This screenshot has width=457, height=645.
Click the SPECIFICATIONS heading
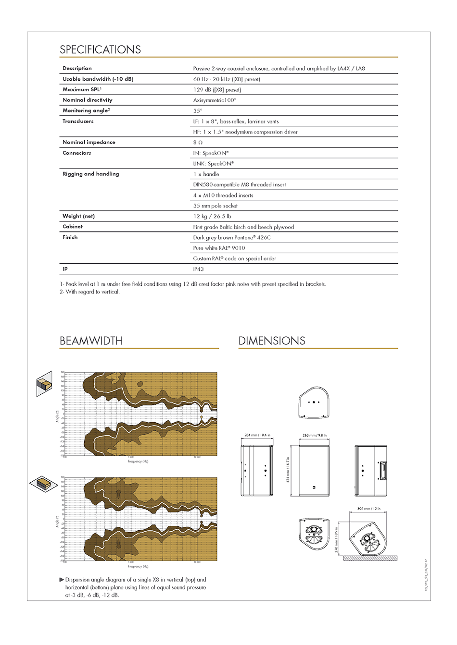coord(100,49)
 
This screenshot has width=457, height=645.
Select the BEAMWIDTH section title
coord(91,341)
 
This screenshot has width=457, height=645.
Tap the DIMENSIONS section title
coord(272,341)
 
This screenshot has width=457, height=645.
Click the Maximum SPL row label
coord(82,89)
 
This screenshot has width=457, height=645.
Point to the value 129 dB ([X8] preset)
coord(217,90)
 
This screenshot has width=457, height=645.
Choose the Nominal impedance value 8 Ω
coord(198,143)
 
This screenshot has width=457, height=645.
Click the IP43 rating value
coord(198,269)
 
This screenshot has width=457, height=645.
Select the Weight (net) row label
coord(78,216)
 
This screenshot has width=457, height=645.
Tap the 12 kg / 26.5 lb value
coord(212,216)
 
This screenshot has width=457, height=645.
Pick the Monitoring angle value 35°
coord(198,111)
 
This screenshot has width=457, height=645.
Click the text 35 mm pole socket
coord(215,206)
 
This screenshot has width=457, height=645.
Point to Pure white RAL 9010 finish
coord(219,248)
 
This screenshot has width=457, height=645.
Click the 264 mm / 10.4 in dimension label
coord(257,435)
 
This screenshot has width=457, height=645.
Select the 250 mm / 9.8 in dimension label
coord(315,435)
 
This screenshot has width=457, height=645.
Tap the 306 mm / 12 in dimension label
coord(369,509)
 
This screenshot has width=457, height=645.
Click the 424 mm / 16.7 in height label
coord(288,469)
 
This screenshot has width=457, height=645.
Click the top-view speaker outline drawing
coord(314,402)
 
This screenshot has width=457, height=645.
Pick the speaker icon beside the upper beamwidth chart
coord(44,383)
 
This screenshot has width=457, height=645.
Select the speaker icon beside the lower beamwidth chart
coord(43,483)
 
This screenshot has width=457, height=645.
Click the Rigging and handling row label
coord(90,174)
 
